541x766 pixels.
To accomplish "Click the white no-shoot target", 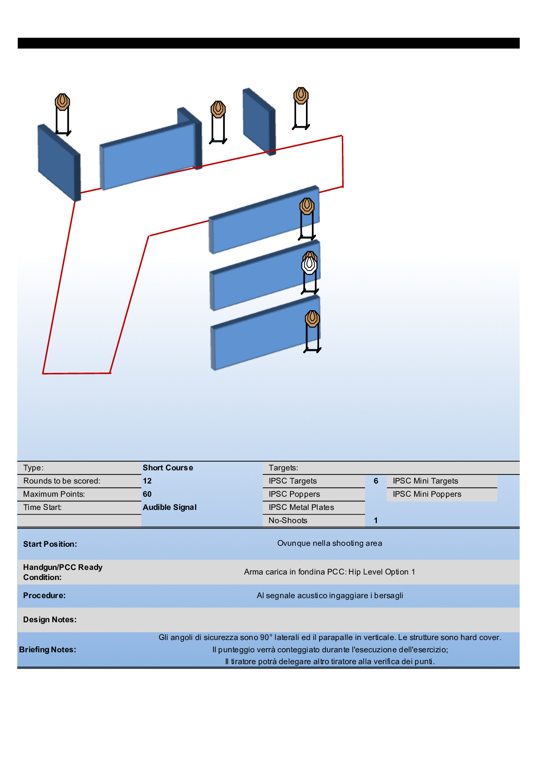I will coord(309,265).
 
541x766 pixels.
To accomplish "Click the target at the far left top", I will coord(62,102).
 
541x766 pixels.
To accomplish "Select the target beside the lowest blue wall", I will coord(312,319).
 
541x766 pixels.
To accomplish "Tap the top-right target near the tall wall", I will coord(301,96).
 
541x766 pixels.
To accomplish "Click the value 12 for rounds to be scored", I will coord(147,481).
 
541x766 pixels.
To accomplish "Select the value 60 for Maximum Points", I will coord(147,494).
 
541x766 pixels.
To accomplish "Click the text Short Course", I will coord(168,468).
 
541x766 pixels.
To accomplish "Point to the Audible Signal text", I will coord(170,507).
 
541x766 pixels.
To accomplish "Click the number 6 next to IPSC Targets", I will coord(376,481).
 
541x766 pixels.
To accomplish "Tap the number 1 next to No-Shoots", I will coord(376,520).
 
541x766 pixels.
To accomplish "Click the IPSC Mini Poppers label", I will coord(427,494).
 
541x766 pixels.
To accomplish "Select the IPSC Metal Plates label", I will coord(301,507).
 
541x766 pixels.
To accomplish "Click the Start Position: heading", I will coord(50,544).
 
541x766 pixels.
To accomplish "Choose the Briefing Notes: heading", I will coord(47,650).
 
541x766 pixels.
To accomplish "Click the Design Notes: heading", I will coord(50,620).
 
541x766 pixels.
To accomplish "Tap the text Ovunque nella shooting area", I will coord(330,543).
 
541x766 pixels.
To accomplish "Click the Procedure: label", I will coord(44,595).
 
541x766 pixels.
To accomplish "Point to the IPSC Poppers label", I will coord(294,494).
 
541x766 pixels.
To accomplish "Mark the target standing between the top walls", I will coord(218,110).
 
